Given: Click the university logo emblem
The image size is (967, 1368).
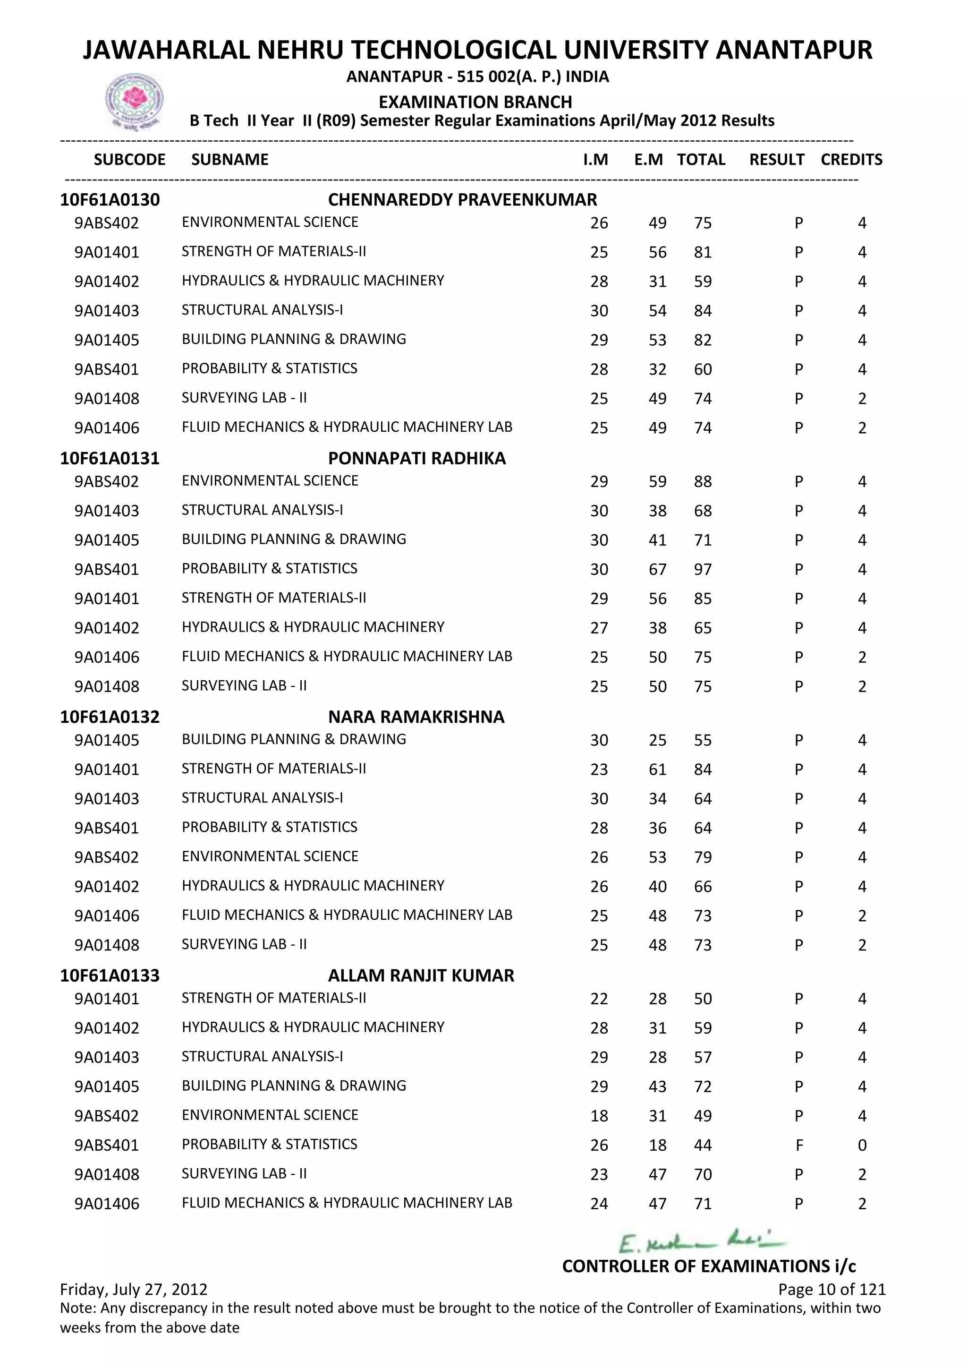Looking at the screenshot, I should click(134, 100).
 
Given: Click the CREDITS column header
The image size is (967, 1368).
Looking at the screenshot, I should click(851, 160).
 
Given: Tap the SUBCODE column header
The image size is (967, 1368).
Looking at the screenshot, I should click(129, 160).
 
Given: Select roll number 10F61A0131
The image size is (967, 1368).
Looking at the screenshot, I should click(110, 458).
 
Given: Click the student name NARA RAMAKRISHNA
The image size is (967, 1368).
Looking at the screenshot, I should click(416, 717).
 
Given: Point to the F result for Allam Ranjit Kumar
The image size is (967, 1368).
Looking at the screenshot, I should click(799, 1145).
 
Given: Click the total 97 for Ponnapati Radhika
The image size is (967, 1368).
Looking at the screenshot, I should click(703, 570).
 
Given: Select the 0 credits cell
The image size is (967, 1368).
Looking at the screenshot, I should click(862, 1145).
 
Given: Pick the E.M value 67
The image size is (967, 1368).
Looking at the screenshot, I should click(657, 570).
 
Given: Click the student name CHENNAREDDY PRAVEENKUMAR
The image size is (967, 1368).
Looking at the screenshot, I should click(462, 200).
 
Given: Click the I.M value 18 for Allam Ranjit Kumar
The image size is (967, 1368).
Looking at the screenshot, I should click(599, 1116).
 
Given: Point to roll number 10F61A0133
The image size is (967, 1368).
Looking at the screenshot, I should click(110, 975).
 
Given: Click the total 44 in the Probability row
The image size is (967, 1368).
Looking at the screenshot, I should click(703, 1145).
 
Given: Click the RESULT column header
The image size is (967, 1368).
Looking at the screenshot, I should click(776, 160).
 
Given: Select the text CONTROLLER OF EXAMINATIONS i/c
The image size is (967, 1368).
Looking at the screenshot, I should click(709, 1266).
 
